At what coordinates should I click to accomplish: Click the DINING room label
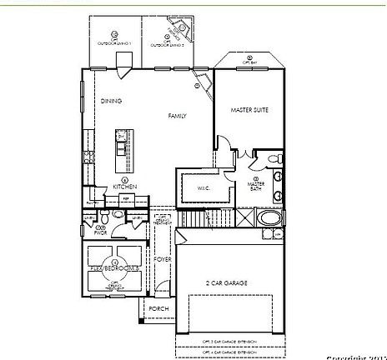click(112, 101)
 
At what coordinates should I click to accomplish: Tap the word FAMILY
click(177, 116)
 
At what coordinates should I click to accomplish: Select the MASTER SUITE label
click(248, 109)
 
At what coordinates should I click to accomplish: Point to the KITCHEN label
click(124, 187)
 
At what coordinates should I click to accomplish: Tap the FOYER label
click(162, 259)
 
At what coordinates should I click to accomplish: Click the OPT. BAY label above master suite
click(248, 62)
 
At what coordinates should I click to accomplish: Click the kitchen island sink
click(121, 150)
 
